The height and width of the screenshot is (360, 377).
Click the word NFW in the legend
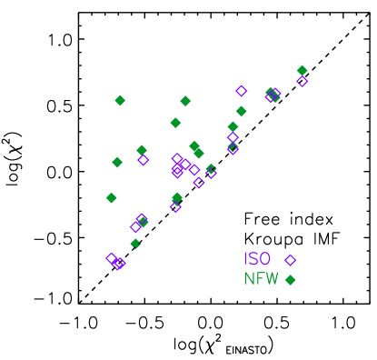point(261,279)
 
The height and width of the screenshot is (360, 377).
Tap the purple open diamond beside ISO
point(291,261)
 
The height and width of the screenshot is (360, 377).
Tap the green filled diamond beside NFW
point(291,280)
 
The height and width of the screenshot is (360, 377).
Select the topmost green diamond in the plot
point(302,70)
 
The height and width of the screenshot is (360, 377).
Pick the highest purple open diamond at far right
point(302,81)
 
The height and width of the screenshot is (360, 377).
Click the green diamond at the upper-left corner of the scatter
point(120,100)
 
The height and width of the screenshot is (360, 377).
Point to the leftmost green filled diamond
point(112,197)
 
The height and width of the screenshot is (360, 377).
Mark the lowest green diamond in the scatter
point(135,243)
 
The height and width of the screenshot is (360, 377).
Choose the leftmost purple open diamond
point(112,258)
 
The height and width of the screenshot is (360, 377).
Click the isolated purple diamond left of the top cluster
point(242,91)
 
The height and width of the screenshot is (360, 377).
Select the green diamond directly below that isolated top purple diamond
point(242,111)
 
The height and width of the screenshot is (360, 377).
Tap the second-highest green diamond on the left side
point(117,162)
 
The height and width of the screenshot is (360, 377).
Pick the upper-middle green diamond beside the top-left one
point(185,101)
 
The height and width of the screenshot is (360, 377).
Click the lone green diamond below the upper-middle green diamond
point(175,123)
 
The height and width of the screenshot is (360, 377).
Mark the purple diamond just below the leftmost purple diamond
point(118,265)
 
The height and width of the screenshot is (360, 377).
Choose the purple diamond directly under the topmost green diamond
point(302,81)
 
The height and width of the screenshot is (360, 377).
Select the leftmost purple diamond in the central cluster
point(144,160)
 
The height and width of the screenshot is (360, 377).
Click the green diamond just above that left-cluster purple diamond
point(142,150)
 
